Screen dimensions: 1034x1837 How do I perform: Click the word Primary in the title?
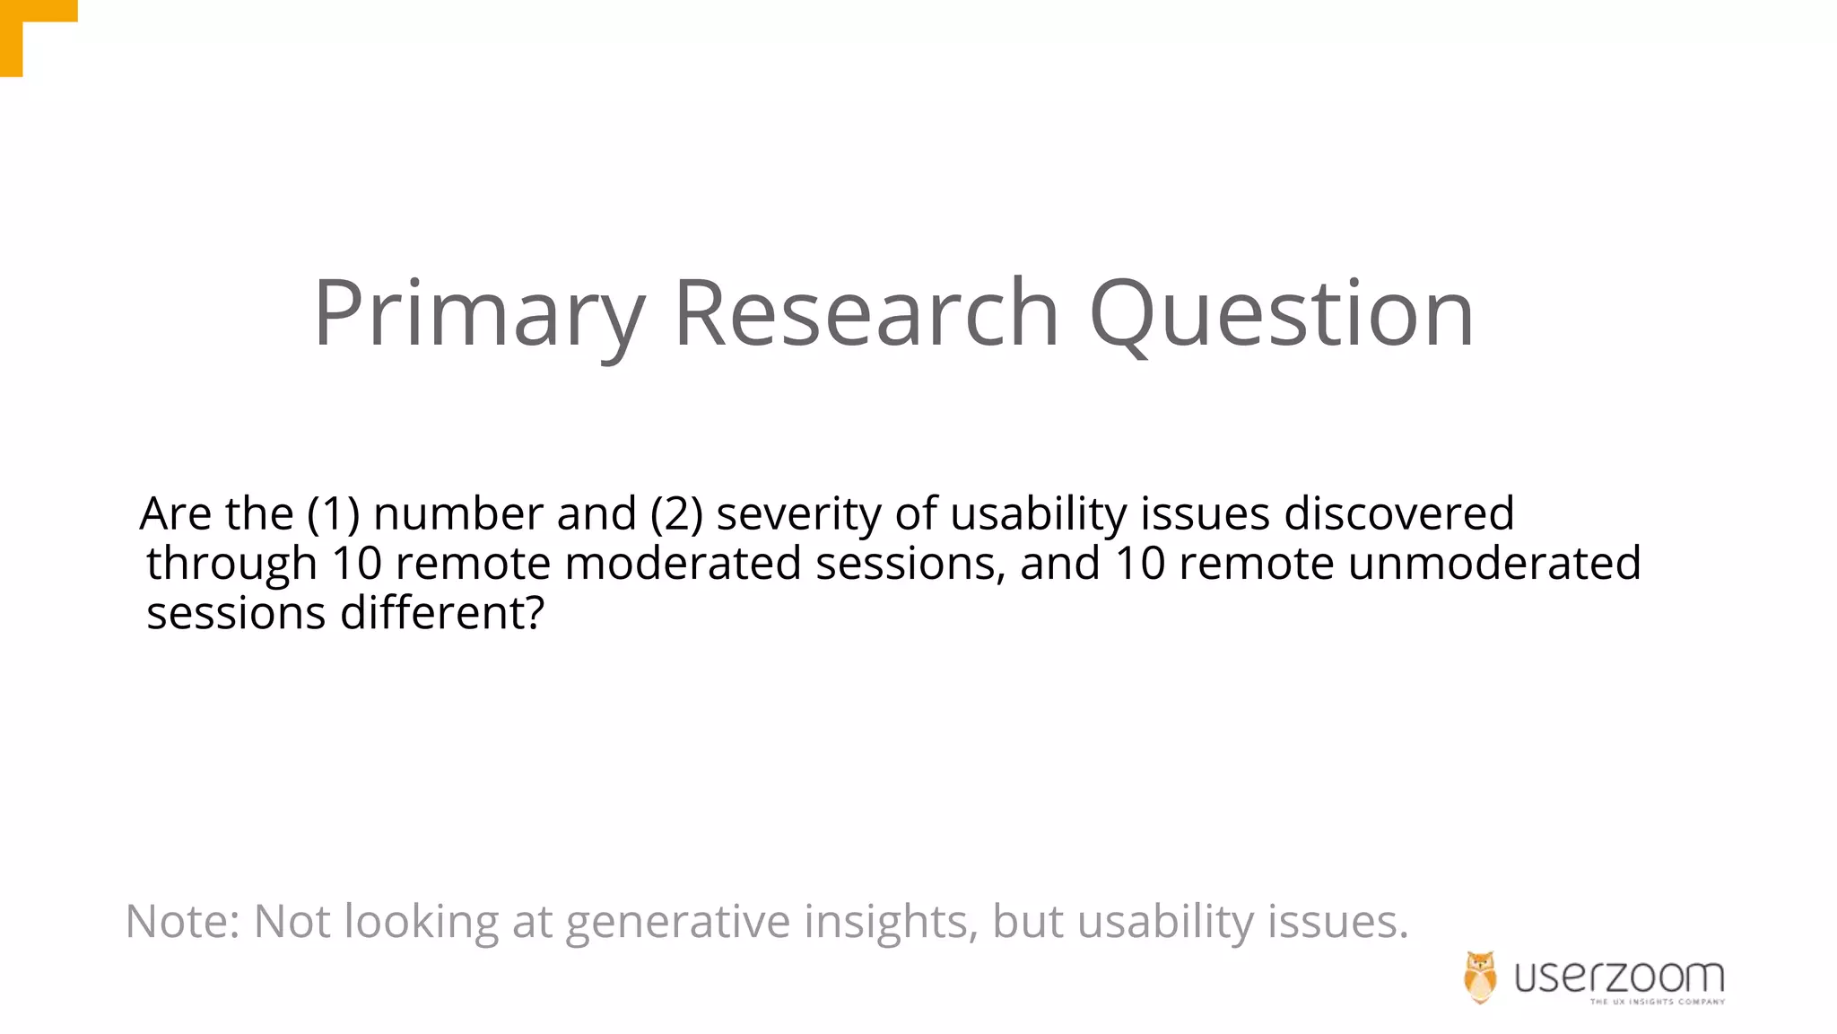pyautogui.click(x=479, y=313)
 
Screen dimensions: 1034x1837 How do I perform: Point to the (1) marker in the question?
pyautogui.click(x=333, y=514)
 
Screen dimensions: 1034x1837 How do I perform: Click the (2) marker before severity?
pyautogui.click(x=677, y=514)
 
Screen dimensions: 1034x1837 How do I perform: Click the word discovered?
pyautogui.click(x=1399, y=514)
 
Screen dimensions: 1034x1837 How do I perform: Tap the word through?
pyautogui.click(x=231, y=565)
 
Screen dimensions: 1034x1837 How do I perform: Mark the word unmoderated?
pyautogui.click(x=1493, y=564)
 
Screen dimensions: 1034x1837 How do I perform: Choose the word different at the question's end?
pyautogui.click(x=441, y=614)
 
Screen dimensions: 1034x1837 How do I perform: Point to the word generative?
pyautogui.click(x=677, y=923)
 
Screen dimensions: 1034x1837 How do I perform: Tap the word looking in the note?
pyautogui.click(x=421, y=923)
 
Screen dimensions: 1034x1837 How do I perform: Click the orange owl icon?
pyautogui.click(x=1480, y=977)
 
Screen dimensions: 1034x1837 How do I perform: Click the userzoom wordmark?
pyautogui.click(x=1619, y=976)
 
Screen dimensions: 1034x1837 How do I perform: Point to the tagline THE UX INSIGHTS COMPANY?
pyautogui.click(x=1657, y=1002)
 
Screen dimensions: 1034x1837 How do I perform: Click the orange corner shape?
pyautogui.click(x=27, y=27)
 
